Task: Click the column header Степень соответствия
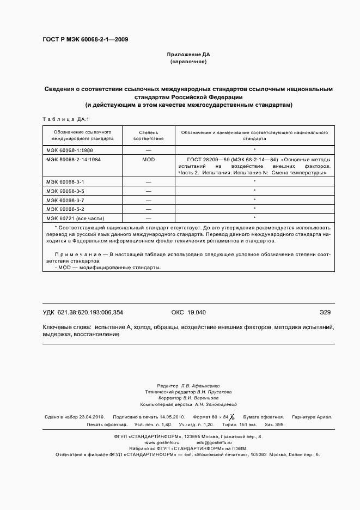[x=148, y=135]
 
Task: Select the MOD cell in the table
[x=148, y=159]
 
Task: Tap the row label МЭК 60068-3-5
[x=65, y=191]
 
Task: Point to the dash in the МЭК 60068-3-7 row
[x=148, y=200]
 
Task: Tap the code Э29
[x=325, y=312]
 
